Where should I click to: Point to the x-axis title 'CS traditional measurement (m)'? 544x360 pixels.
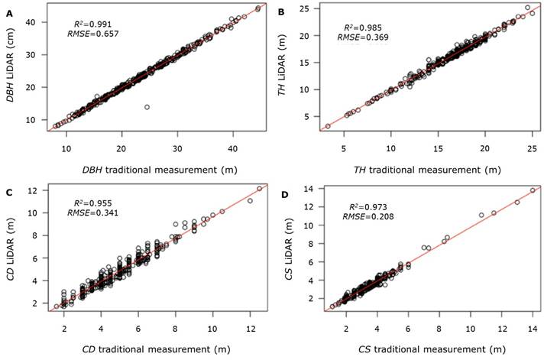click(428, 349)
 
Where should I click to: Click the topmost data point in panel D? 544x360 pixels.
click(533, 190)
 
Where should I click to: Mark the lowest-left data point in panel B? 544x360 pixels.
click(328, 126)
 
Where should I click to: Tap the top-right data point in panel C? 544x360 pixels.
click(259, 188)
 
